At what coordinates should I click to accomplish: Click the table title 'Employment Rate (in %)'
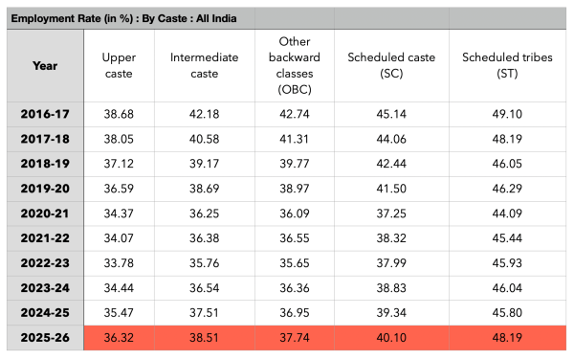(72, 18)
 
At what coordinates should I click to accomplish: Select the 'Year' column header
(45, 66)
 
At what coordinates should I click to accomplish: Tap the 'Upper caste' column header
(119, 65)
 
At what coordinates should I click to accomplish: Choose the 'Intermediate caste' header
(205, 65)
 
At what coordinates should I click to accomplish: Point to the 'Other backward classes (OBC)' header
(295, 65)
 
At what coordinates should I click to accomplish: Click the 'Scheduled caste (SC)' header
(391, 65)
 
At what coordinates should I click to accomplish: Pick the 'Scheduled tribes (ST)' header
(507, 65)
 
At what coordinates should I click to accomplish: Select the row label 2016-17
(45, 114)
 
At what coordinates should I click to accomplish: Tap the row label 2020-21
(45, 214)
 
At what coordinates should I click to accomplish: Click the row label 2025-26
(45, 338)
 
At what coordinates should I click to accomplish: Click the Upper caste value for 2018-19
(119, 164)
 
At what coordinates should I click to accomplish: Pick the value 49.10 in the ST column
(507, 114)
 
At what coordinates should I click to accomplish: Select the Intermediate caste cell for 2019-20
(205, 189)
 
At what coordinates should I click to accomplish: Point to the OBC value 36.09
(295, 214)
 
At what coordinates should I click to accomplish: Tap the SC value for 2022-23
(391, 263)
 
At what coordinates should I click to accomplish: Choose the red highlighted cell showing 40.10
(391, 338)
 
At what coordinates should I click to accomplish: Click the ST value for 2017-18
(507, 139)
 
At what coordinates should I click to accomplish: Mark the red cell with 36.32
(119, 338)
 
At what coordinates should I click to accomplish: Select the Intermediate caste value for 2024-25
(205, 313)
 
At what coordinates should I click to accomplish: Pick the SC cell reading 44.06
(391, 139)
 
